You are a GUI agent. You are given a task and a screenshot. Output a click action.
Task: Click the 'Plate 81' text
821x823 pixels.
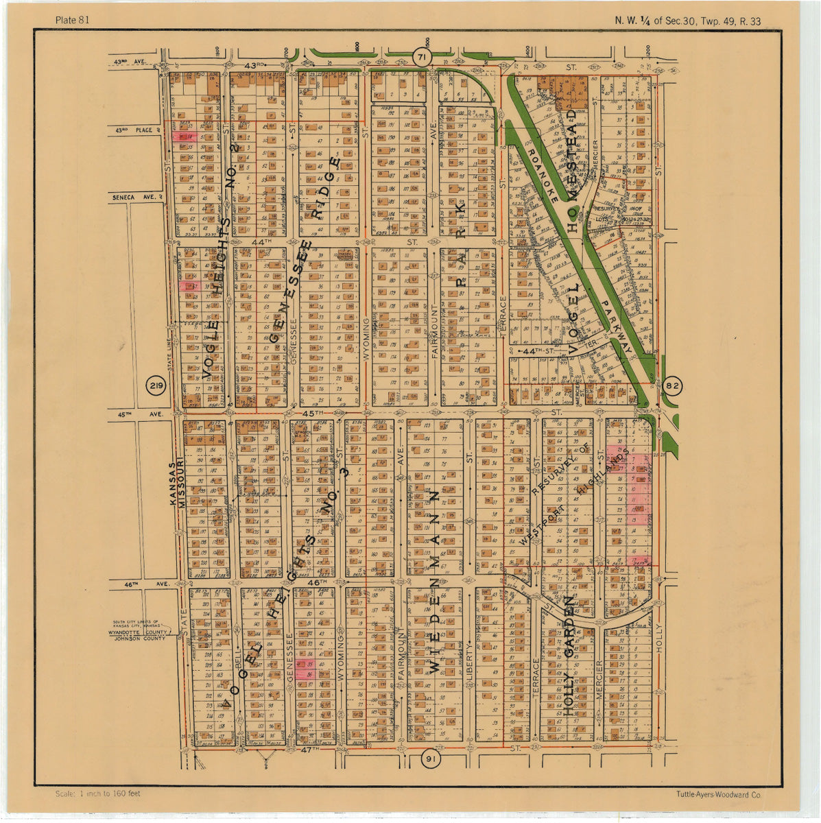pyautogui.click(x=72, y=20)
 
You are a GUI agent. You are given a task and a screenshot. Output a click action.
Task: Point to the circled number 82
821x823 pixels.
pyautogui.click(x=673, y=386)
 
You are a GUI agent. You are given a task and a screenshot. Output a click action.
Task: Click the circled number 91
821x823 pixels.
pyautogui.click(x=429, y=759)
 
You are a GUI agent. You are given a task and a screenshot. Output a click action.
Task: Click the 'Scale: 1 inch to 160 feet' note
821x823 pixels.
pyautogui.click(x=98, y=794)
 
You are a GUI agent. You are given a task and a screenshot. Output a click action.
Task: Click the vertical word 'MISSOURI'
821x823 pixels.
pyautogui.click(x=182, y=483)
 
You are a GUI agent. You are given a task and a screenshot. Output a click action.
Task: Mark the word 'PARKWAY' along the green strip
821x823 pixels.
pyautogui.click(x=617, y=326)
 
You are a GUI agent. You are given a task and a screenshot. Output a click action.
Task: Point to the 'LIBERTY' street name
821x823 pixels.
pyautogui.click(x=470, y=662)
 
